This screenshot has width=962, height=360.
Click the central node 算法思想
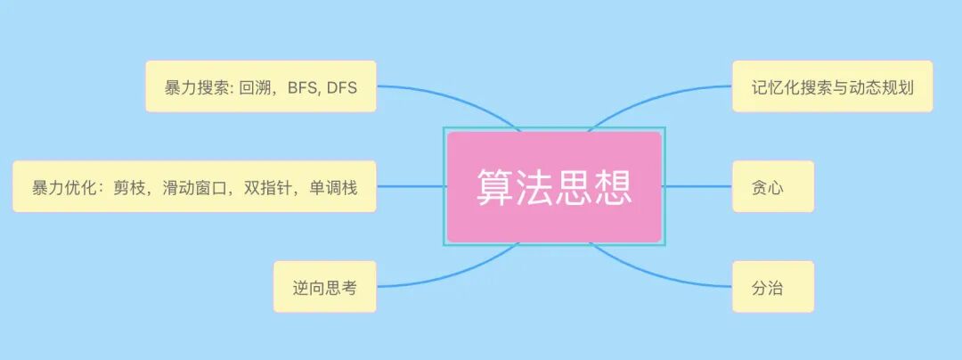click(554, 187)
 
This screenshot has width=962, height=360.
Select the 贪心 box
click(772, 187)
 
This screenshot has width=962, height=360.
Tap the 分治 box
click(772, 287)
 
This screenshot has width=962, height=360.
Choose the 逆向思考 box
click(324, 287)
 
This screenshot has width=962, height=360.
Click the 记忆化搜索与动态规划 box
click(832, 86)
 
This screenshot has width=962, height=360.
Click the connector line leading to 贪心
click(698, 186)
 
